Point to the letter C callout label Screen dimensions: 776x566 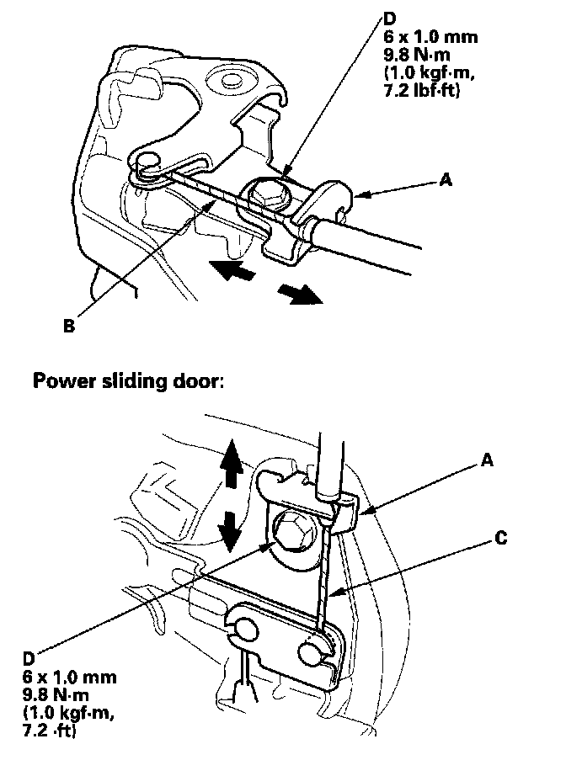(500, 539)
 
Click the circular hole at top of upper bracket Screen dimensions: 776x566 (227, 84)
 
